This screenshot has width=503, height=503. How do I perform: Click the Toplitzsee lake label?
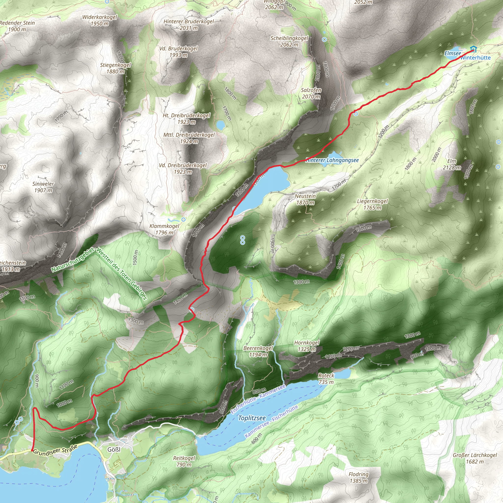pos(252,418)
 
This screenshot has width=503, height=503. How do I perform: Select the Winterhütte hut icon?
pos(473,49)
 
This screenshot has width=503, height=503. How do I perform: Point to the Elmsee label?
pos(452,53)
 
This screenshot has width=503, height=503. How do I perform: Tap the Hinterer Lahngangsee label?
pos(332,160)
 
